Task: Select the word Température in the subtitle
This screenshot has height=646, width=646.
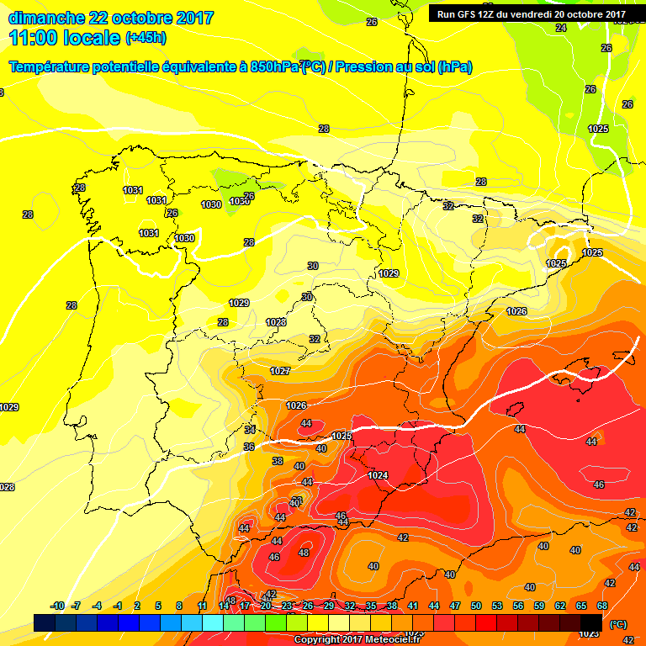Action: coord(50,67)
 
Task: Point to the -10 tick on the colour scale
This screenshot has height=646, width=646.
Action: coord(57,606)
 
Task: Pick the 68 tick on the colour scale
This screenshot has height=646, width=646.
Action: coord(602,606)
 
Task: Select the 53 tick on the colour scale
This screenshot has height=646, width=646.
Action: coord(497,606)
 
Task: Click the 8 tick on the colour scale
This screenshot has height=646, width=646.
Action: coord(179,606)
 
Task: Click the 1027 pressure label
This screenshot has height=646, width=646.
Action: coord(280,371)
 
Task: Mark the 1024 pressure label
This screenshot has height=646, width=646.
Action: coord(378,475)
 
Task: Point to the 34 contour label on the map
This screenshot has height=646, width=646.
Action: coord(250,430)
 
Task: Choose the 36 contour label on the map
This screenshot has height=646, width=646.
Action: coord(248,447)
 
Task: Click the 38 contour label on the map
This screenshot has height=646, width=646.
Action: coord(278,461)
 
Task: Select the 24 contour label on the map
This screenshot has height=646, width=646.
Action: coord(561,28)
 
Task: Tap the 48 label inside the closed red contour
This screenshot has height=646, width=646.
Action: coord(304,553)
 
